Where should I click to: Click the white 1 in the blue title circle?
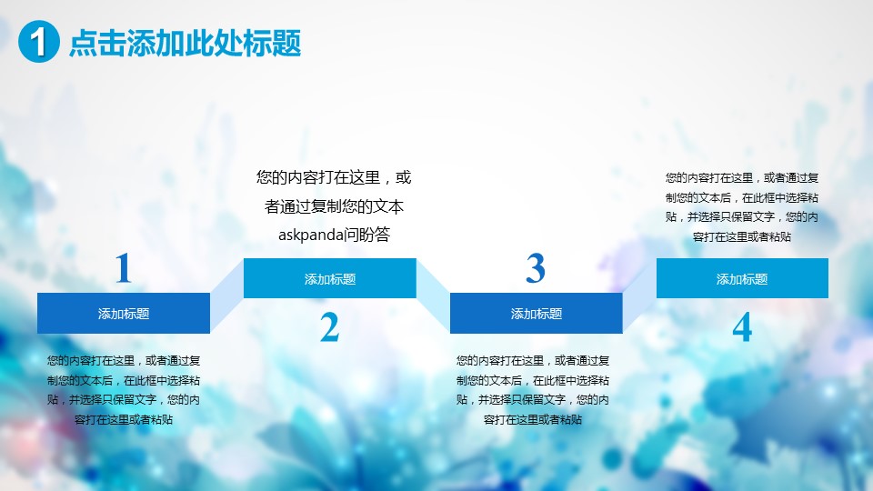click(38, 42)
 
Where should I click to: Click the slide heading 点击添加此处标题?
click(186, 43)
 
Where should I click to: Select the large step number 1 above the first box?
click(124, 267)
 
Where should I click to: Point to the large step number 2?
click(329, 326)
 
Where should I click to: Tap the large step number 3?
click(536, 267)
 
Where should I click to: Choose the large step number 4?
click(742, 326)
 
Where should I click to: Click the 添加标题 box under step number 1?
click(124, 314)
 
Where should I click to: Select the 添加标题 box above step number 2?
click(330, 278)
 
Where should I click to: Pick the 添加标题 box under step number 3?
click(537, 314)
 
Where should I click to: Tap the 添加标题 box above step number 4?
click(742, 278)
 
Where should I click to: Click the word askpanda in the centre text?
click(310, 235)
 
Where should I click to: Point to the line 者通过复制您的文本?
click(334, 206)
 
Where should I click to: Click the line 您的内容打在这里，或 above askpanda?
click(334, 177)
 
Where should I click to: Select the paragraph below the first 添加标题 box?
click(124, 390)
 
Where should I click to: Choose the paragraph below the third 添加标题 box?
click(533, 390)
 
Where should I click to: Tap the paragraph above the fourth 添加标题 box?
click(742, 207)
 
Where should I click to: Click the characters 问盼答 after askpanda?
click(366, 235)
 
